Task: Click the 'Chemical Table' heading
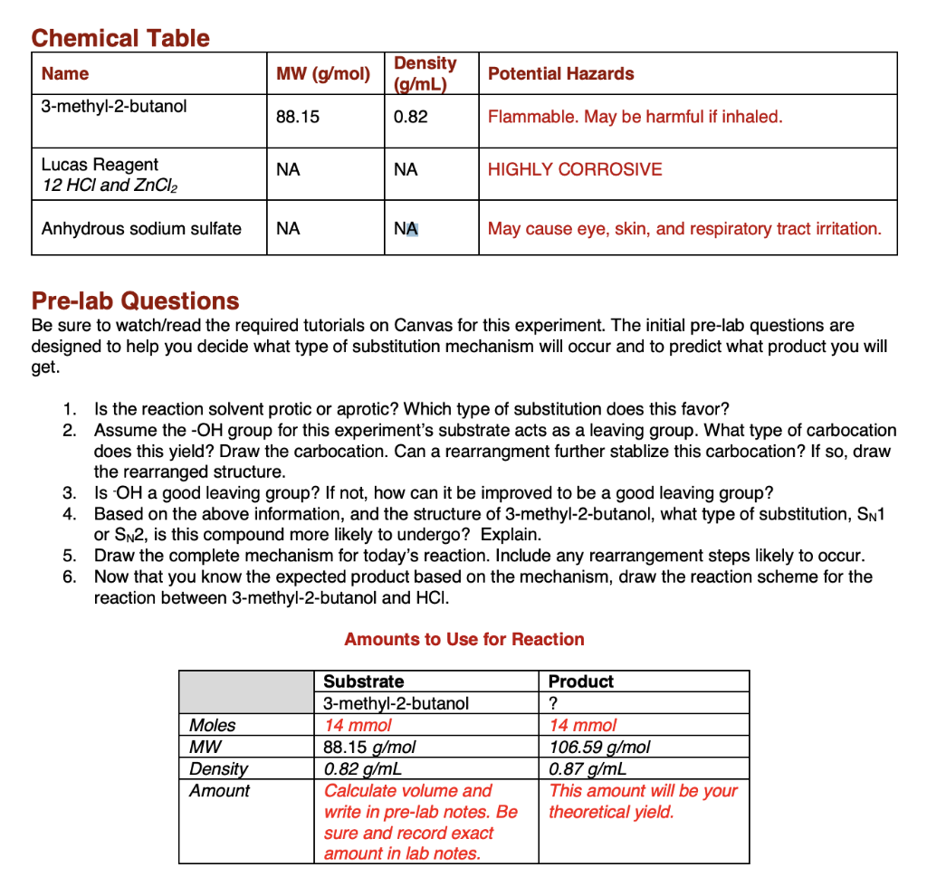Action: pos(119,38)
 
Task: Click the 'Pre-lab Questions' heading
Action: pos(135,300)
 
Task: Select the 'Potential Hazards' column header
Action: pos(560,74)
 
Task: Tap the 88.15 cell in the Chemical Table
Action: pos(298,117)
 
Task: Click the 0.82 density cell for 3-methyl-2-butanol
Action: pos(411,117)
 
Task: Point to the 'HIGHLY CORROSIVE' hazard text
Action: pos(575,169)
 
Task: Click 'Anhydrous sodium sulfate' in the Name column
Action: pos(141,228)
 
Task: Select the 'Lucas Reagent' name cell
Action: pos(100,165)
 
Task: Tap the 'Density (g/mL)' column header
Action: pos(425,73)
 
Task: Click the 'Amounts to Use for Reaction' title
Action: pos(463,639)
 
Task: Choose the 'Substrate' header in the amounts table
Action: pos(364,682)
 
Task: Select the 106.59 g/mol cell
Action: pos(599,747)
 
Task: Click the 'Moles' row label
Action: pos(212,725)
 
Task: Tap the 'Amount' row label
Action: pos(219,790)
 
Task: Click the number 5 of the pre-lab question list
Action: pos(68,555)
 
